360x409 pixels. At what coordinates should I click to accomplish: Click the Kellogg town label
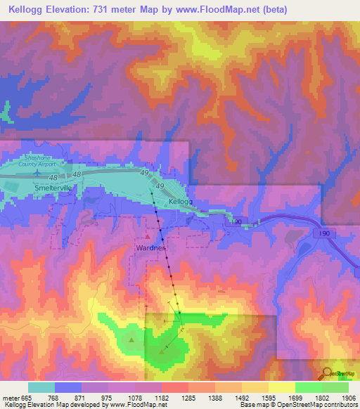(180, 202)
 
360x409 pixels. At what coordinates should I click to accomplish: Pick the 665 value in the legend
(27, 397)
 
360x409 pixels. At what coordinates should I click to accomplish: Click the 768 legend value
(54, 397)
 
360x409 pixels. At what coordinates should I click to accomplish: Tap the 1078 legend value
(135, 397)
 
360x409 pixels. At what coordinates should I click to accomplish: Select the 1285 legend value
(188, 397)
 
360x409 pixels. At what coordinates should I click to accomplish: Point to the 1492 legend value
(242, 397)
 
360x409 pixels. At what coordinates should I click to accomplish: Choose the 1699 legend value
(295, 397)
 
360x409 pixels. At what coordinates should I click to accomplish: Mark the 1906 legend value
(349, 397)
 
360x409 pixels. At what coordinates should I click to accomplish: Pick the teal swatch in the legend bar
(41, 387)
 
